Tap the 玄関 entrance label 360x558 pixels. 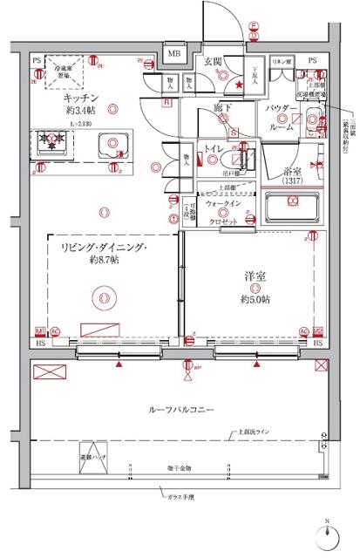click(x=214, y=61)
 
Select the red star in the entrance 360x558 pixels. click(x=240, y=85)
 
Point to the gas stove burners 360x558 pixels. click(x=51, y=141)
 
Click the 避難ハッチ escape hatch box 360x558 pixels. click(x=93, y=459)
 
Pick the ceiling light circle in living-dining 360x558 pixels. click(x=104, y=298)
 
